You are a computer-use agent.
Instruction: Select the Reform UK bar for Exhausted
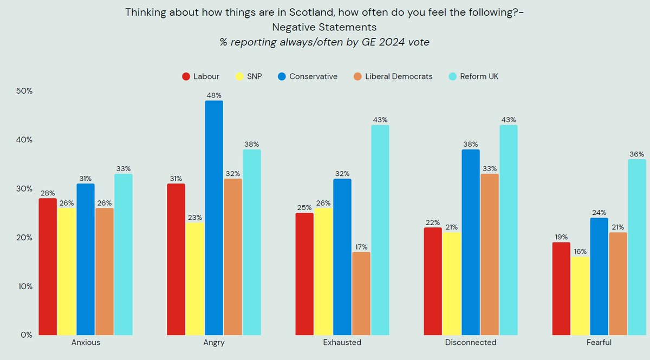[x=380, y=230]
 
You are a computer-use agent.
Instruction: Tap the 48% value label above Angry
[x=214, y=95]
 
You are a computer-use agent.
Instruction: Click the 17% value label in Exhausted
[x=361, y=247]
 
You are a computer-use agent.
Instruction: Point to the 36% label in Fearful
[x=636, y=154]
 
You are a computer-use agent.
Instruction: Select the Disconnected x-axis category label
[x=470, y=343]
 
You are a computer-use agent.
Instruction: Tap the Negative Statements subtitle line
[x=324, y=27]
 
